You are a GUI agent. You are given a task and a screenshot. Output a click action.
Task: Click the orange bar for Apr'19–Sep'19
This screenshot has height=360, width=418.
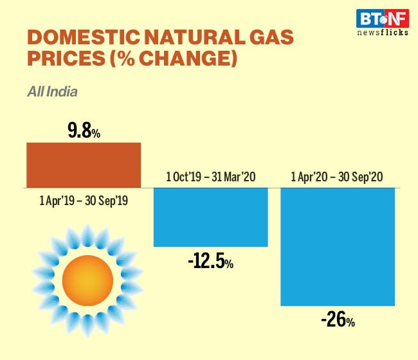(84, 165)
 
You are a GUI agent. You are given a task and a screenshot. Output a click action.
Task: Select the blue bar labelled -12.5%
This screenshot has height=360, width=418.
(210, 217)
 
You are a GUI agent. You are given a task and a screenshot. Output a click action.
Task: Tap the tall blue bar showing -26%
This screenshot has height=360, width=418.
(338, 247)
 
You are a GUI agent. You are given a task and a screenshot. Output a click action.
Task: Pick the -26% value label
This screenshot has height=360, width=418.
(338, 319)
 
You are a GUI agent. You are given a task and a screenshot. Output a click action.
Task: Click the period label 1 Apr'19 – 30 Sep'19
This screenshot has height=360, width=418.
(84, 201)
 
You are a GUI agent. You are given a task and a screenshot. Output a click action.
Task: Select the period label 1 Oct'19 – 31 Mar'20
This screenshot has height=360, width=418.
(210, 176)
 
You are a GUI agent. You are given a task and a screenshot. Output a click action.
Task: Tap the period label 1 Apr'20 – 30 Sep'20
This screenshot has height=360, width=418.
(338, 176)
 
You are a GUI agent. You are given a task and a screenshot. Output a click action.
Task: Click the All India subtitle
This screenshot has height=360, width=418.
(52, 91)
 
